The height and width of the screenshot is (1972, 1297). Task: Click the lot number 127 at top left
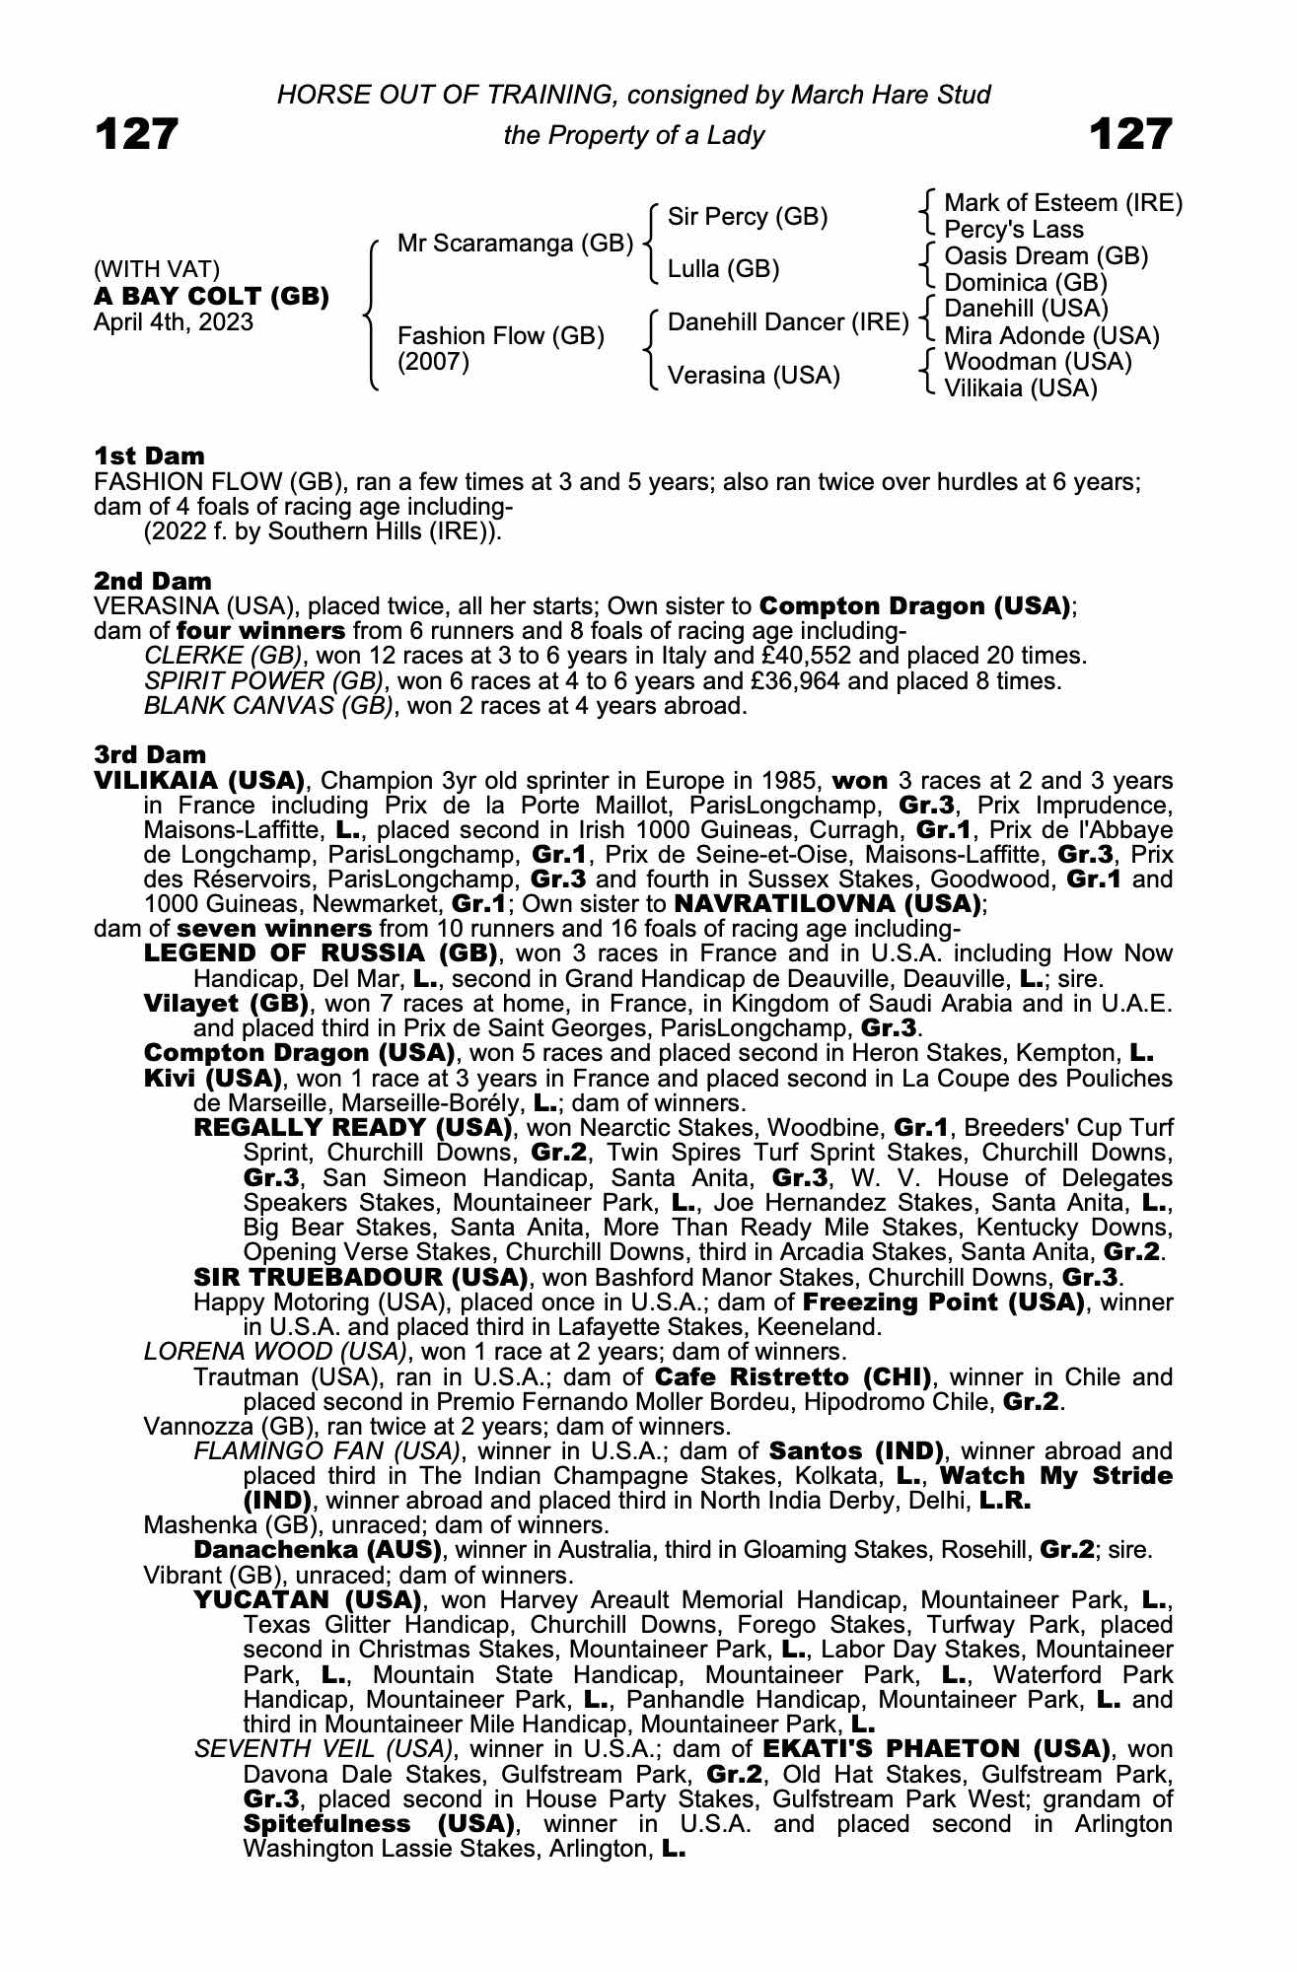(136, 134)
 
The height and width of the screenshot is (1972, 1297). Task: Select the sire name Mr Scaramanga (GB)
(515, 244)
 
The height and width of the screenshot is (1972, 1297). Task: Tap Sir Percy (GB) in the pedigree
(748, 217)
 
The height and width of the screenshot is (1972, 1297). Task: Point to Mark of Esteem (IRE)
(1063, 203)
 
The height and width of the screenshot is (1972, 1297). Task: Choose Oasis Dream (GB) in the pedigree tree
(1045, 256)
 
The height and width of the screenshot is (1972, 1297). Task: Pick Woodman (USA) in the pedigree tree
(1038, 362)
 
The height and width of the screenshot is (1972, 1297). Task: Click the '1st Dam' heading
(149, 456)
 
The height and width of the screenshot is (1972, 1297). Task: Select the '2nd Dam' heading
(152, 581)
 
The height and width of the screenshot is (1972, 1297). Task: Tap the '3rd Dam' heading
(150, 755)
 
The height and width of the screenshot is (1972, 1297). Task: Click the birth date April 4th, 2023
(173, 322)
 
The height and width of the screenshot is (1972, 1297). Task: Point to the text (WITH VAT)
(157, 270)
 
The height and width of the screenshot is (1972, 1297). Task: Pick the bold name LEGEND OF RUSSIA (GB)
(320, 954)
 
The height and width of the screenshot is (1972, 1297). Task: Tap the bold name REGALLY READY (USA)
(352, 1128)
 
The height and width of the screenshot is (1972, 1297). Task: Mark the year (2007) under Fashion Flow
(433, 362)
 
